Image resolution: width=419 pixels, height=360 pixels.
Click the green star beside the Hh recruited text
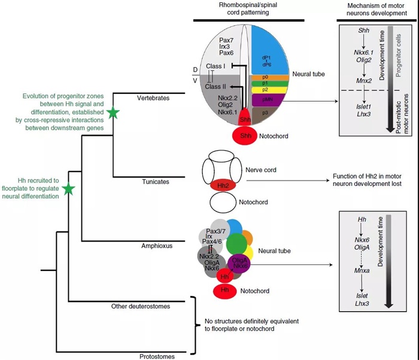click(x=69, y=189)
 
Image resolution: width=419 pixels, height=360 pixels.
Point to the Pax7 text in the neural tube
click(x=218, y=39)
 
